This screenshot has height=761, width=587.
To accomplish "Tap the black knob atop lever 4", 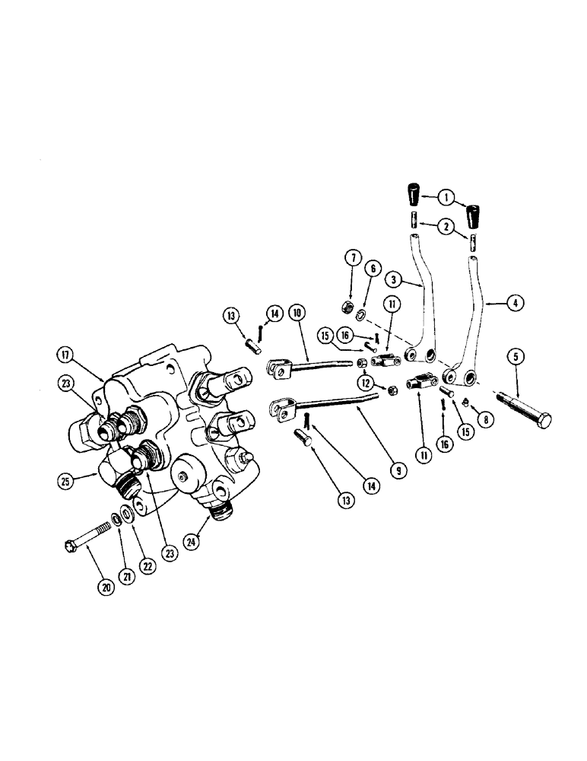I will coord(476,218).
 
